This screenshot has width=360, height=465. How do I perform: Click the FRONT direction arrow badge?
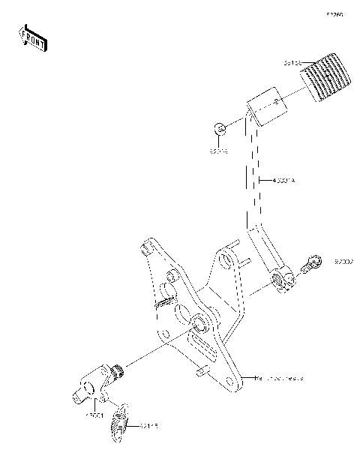(33, 38)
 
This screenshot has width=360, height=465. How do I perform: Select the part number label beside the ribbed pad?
(293, 64)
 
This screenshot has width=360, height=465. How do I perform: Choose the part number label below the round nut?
(218, 151)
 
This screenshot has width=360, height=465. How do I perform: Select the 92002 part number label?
(344, 262)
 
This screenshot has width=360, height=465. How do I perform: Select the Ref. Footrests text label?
(280, 378)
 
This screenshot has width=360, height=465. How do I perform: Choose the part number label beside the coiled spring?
(148, 427)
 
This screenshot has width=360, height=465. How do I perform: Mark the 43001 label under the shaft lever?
(94, 414)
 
